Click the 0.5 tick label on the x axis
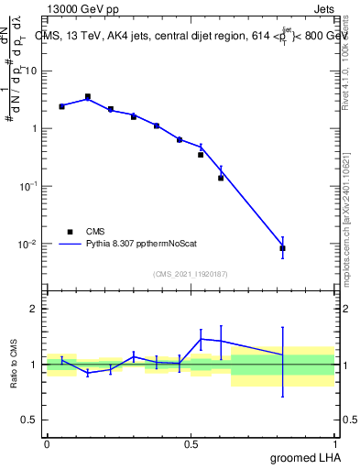(x=191, y=442)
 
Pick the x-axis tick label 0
(x=47, y=442)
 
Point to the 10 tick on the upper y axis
(x=30, y=71)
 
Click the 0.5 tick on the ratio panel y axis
(x=28, y=421)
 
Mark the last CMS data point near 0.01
(x=283, y=248)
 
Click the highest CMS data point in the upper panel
(x=88, y=96)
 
